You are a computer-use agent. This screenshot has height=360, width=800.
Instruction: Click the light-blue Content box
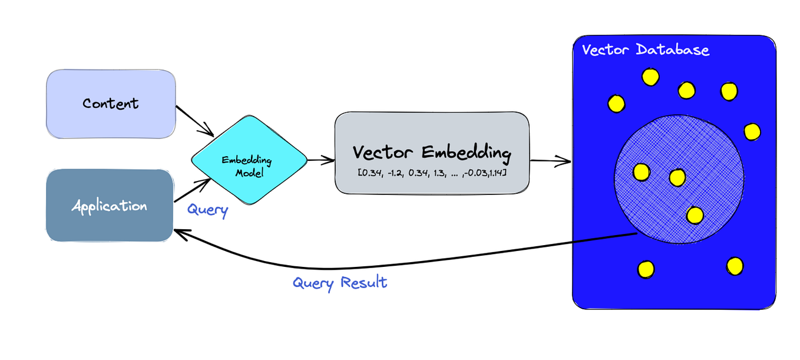[111, 104]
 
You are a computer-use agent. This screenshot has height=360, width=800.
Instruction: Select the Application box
[110, 206]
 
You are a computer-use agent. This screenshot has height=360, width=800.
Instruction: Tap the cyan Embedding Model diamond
[249, 160]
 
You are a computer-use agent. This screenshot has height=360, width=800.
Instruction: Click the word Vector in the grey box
[382, 152]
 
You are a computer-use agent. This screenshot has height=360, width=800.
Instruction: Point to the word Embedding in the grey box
[467, 153]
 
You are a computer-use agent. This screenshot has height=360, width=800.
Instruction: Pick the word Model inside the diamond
[249, 173]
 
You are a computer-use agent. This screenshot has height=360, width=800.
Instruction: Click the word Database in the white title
[673, 49]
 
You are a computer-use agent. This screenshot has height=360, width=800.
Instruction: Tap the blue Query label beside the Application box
[207, 210]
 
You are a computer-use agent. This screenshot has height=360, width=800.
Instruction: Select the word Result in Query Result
[364, 282]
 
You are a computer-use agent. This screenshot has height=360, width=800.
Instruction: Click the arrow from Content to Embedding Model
[194, 121]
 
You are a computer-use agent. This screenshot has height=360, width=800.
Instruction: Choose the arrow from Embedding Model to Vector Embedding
[320, 160]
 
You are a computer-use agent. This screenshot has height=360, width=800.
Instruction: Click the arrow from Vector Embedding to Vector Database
[550, 161]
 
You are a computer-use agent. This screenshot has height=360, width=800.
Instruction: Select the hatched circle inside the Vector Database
[679, 179]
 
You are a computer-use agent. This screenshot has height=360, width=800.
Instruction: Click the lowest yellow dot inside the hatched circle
[695, 216]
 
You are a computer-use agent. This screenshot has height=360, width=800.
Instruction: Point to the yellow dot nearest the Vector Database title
[650, 77]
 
